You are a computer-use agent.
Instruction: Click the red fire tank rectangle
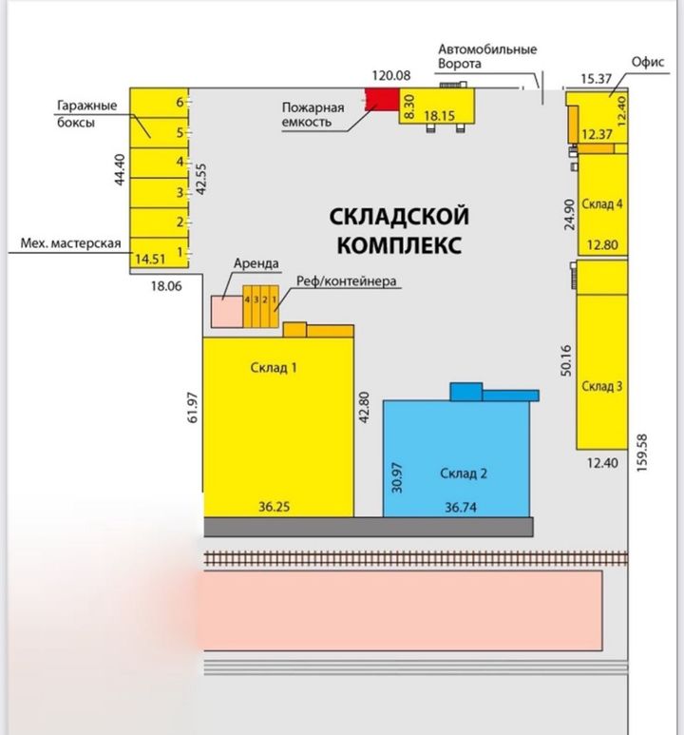(382, 100)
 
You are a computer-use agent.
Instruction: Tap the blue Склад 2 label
(464, 474)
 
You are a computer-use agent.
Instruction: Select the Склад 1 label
(274, 367)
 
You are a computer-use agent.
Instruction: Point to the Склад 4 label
(602, 203)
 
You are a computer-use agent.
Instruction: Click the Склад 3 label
(602, 386)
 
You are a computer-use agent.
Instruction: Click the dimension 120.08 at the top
(391, 75)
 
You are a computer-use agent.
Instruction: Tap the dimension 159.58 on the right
(642, 453)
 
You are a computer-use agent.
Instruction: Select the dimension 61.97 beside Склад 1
(193, 407)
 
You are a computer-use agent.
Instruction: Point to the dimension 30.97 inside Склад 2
(397, 477)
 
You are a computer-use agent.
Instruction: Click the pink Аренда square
(227, 311)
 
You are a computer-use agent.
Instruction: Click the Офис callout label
(648, 62)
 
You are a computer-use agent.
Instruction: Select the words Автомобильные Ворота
(487, 56)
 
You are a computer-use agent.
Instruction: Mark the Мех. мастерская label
(70, 243)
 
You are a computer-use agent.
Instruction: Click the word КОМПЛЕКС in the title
(400, 245)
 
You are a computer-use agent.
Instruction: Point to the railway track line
(416, 558)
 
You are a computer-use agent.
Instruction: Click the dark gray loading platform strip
(369, 527)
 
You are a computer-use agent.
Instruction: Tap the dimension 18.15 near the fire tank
(440, 115)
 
